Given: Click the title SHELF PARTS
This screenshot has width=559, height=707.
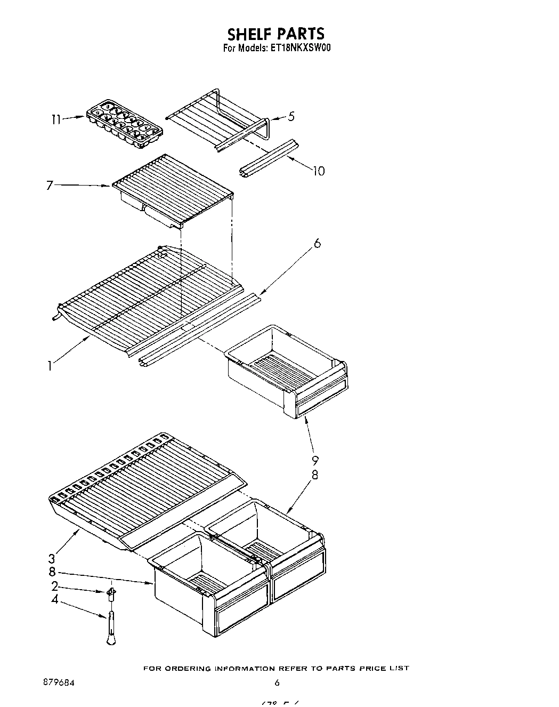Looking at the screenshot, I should pos(276,34).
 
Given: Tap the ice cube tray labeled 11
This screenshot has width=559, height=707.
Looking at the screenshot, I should pos(124,123).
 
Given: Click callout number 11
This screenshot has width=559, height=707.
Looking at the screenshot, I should pos(56,120).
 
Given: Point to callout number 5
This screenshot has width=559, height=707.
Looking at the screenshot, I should pos(290,116).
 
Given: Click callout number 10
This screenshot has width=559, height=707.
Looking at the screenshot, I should pos(319,171).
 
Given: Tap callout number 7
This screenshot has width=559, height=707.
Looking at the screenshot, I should pos(50,185).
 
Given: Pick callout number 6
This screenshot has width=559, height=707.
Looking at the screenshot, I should pos(317,243).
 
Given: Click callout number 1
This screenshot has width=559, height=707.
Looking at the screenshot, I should pos(50,366).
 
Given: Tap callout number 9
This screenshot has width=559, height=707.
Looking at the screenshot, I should pos(315,461).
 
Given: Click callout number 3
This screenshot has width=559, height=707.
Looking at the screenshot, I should pos(51,559).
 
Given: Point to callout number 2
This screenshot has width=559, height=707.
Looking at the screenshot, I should pos(54,587).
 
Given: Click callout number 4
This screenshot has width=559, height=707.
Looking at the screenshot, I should pos(54,600).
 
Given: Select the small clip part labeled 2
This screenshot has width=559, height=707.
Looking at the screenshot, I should pos(111,593).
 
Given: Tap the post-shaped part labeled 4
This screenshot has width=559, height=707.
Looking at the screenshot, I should pos(110,626).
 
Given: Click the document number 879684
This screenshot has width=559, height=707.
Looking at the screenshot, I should pos(55,682).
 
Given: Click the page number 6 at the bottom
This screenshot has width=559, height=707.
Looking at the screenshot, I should pos(277,682).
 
